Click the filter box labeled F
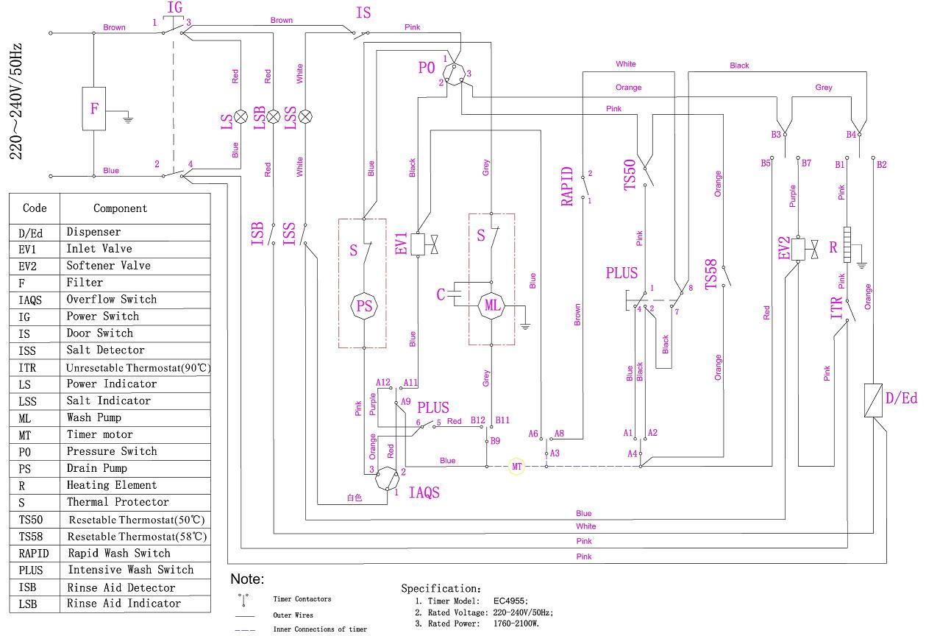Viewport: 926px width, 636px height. pyautogui.click(x=94, y=109)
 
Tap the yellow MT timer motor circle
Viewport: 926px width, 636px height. pyautogui.click(x=516, y=467)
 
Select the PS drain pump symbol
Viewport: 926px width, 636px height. pyautogui.click(x=365, y=306)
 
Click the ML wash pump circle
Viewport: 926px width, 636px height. pyautogui.click(x=491, y=304)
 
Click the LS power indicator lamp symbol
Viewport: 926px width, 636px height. pyautogui.click(x=240, y=116)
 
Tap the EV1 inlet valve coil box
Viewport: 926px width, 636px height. pyautogui.click(x=418, y=244)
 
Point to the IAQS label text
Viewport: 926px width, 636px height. pyautogui.click(x=424, y=492)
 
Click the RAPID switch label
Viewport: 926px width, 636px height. pyautogui.click(x=567, y=186)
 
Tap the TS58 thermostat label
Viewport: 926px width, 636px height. pyautogui.click(x=711, y=275)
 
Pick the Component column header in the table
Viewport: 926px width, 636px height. pyautogui.click(x=120, y=208)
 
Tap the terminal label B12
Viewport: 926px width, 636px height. pyautogui.click(x=478, y=420)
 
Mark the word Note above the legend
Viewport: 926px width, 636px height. pyautogui.click(x=247, y=579)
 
